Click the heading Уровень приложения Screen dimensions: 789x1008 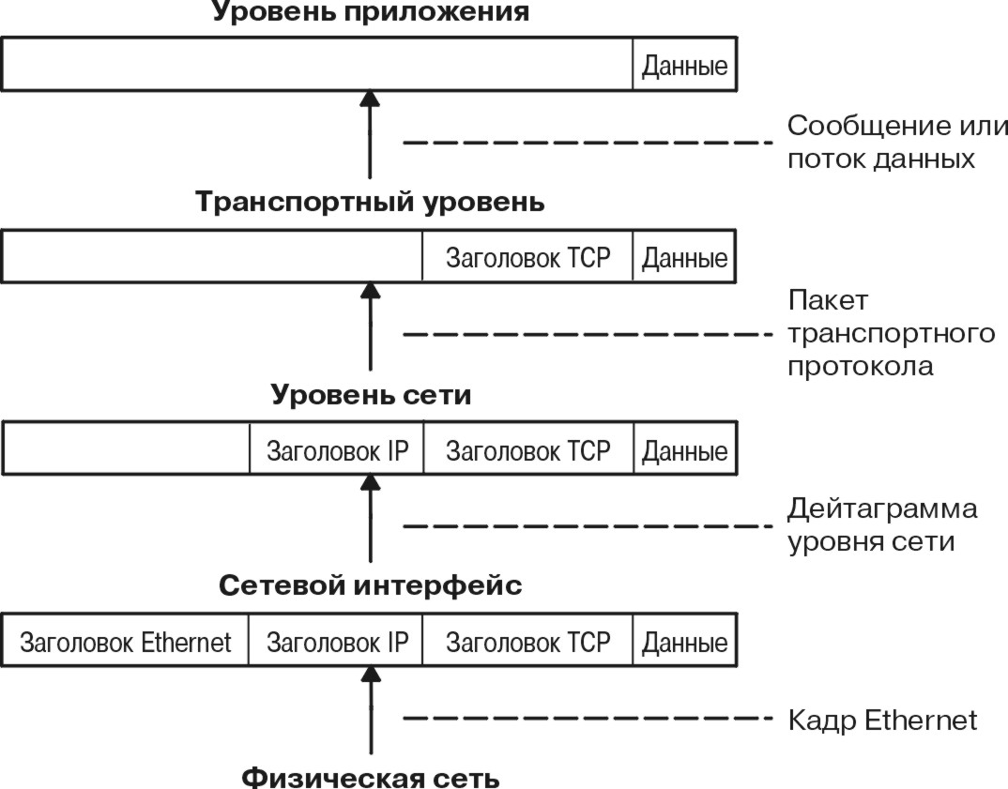click(x=370, y=12)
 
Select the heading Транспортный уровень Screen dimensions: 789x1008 click(x=370, y=203)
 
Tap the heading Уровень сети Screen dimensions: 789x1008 click(x=370, y=395)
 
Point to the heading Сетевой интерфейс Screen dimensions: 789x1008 click(x=370, y=586)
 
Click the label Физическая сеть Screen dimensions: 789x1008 click(x=370, y=778)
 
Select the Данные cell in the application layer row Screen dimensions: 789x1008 click(x=684, y=68)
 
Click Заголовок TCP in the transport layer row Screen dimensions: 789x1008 click(x=527, y=258)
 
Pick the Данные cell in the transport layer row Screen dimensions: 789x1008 click(x=684, y=258)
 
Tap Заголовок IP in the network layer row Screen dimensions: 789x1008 click(x=337, y=451)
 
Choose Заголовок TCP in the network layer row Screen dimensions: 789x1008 click(x=527, y=451)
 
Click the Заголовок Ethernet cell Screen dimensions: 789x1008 click(x=126, y=643)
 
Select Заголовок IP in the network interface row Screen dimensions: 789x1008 click(x=337, y=643)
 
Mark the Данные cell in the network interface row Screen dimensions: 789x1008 click(x=684, y=643)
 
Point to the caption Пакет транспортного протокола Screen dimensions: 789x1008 click(x=891, y=333)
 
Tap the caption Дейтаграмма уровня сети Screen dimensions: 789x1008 click(x=882, y=524)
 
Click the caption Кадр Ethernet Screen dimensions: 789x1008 click(x=882, y=721)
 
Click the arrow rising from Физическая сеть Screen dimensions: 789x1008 click(x=370, y=713)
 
